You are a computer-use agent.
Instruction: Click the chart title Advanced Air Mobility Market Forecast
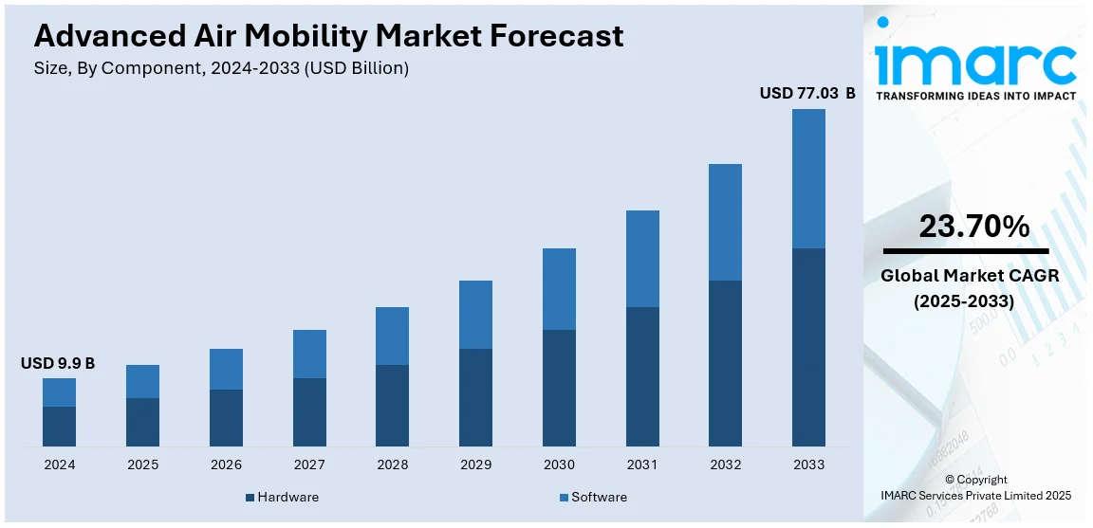click(328, 36)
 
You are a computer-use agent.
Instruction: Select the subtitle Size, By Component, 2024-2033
click(221, 68)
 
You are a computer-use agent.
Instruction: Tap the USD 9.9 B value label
click(58, 363)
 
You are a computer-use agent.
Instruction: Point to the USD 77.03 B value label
click(807, 93)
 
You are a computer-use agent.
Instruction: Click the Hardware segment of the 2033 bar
click(808, 347)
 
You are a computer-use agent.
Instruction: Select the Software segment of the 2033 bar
click(808, 178)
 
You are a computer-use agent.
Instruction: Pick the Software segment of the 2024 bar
click(59, 392)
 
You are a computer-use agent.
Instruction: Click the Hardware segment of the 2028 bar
click(392, 406)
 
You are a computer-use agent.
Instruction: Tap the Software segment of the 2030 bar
click(559, 289)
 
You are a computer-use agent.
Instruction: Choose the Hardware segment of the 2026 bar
click(226, 418)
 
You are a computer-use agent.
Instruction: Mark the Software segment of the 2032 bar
click(725, 222)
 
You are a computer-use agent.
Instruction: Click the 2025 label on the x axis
click(142, 464)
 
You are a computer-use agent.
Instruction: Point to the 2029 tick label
click(475, 464)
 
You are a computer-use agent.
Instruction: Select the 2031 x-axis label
click(642, 464)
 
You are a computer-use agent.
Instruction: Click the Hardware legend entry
click(282, 497)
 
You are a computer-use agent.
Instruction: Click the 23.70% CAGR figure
click(973, 227)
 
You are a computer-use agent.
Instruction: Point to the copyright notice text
click(976, 487)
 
